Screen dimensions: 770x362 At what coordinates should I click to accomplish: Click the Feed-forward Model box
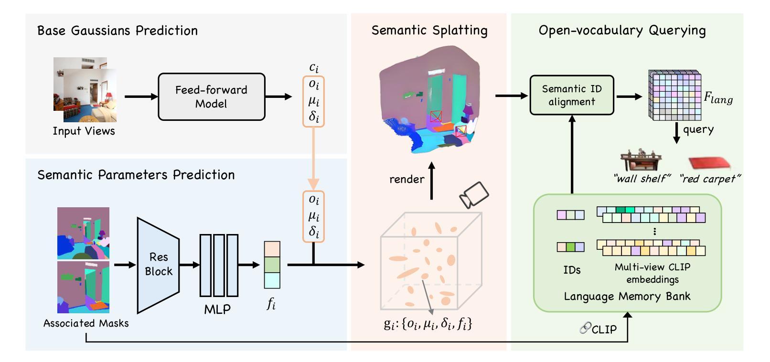[212, 96]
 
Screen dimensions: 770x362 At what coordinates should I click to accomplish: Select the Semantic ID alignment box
[572, 95]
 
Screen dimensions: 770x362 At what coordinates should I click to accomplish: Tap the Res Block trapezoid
[158, 265]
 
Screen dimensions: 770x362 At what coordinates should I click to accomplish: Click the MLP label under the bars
[217, 309]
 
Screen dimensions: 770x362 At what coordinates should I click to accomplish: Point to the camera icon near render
[474, 195]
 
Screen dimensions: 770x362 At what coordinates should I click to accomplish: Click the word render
[406, 179]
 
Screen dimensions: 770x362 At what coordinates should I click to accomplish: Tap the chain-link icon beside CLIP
[585, 328]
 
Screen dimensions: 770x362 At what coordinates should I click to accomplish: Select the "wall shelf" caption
[642, 179]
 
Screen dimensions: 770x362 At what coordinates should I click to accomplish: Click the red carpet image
[709, 163]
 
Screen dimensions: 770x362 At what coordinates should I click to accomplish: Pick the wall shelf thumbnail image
[641, 160]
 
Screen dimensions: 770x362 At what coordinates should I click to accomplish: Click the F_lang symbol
[718, 98]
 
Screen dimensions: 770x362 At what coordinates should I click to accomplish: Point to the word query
[698, 130]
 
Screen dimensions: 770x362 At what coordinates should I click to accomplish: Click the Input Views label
[84, 131]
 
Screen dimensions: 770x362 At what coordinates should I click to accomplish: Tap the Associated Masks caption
[86, 323]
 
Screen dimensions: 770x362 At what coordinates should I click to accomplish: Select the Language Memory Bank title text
[627, 297]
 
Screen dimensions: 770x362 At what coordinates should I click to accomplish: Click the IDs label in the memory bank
[572, 270]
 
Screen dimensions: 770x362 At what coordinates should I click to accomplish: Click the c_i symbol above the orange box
[314, 67]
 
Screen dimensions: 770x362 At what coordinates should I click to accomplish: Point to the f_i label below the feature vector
[271, 304]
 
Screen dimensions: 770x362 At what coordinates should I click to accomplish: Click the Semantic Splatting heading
[429, 31]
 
